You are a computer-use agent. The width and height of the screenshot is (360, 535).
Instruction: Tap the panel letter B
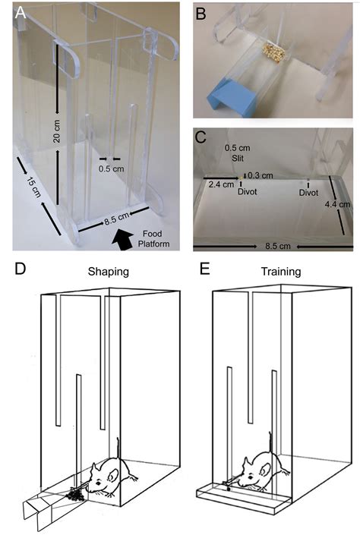[x=201, y=14]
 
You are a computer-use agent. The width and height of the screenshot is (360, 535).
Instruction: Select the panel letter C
[x=201, y=137]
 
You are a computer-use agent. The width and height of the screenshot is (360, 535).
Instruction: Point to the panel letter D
[x=21, y=269]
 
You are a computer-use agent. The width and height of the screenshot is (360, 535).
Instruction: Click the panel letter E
[x=204, y=269]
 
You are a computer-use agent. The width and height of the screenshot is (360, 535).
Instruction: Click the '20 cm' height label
[x=57, y=131]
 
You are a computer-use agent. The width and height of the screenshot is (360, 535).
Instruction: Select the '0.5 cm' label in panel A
[x=112, y=168]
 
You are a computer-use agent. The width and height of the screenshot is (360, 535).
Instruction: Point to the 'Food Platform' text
[x=153, y=239]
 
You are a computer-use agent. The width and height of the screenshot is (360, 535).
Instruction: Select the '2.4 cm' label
[x=221, y=184]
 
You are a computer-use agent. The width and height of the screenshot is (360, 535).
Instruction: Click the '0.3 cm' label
[x=261, y=175]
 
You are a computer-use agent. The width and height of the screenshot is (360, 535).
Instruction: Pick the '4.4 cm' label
[x=337, y=205]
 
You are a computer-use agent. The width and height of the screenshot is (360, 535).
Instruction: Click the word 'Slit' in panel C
[x=238, y=159]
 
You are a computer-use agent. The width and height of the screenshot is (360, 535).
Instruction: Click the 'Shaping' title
[x=109, y=272]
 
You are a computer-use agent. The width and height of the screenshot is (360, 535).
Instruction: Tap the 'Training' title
[x=281, y=272]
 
